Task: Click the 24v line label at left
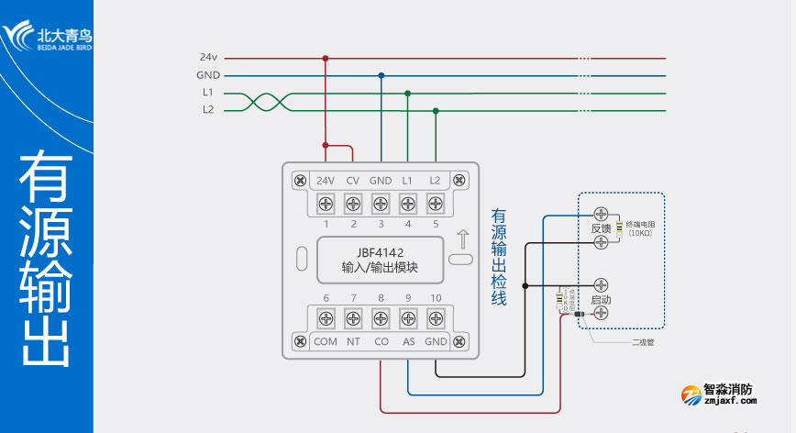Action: click(x=206, y=57)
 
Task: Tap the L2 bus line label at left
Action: click(x=208, y=110)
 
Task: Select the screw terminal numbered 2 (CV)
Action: click(x=352, y=202)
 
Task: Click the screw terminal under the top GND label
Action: click(x=381, y=202)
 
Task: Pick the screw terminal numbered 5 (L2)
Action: click(x=436, y=202)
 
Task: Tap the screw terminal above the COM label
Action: click(x=326, y=318)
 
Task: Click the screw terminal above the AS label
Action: click(x=408, y=318)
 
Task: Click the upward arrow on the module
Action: click(x=462, y=241)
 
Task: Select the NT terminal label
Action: click(x=353, y=342)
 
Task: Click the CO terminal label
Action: click(x=381, y=342)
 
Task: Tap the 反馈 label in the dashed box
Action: click(x=601, y=228)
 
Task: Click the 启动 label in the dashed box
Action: click(x=601, y=300)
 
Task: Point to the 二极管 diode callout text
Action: click(x=642, y=343)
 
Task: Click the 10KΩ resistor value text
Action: click(x=640, y=233)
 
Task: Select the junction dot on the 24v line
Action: click(x=325, y=58)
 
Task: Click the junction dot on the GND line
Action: click(x=381, y=75)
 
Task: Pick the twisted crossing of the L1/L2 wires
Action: click(x=260, y=101)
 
